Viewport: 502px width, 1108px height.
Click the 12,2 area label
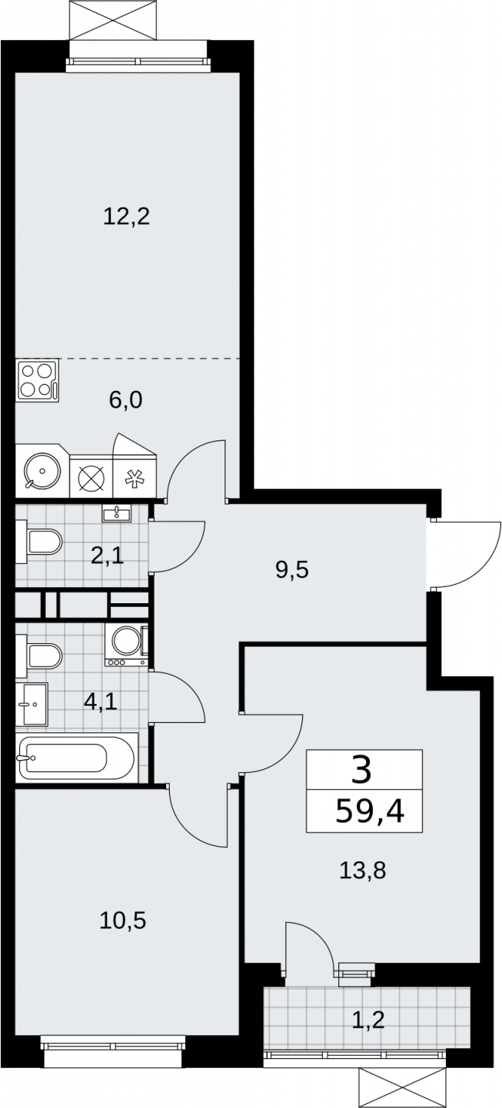coord(126,217)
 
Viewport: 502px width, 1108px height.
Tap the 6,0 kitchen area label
coord(126,400)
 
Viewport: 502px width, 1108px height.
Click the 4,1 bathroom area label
coord(101,702)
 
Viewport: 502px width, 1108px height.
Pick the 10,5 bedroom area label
coord(123,921)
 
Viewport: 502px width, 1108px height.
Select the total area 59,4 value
coord(370,811)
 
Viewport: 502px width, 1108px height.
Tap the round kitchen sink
coord(42,471)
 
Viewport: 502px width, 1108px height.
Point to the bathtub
coord(76,758)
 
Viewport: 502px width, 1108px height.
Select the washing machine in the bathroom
coord(126,645)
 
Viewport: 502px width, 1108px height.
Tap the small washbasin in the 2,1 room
coord(117,513)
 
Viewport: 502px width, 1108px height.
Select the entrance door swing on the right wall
coord(463,553)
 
